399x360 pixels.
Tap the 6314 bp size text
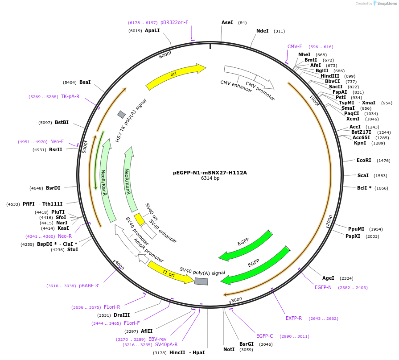[210, 178]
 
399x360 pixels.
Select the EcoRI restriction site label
[364, 160]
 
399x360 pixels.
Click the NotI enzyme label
[229, 349]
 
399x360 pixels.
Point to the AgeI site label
[328, 278]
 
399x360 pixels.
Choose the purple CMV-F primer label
[295, 46]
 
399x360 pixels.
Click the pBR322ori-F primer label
[175, 22]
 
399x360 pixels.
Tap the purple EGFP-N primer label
[323, 287]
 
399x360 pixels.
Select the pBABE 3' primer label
[89, 286]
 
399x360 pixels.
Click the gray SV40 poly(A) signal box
[201, 281]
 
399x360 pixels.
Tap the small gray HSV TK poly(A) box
[121, 115]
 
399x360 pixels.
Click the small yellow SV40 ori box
[140, 219]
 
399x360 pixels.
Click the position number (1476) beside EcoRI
[383, 160]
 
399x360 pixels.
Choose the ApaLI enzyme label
[152, 31]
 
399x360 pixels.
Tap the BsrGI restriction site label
[247, 344]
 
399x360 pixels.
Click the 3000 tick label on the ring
[236, 299]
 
